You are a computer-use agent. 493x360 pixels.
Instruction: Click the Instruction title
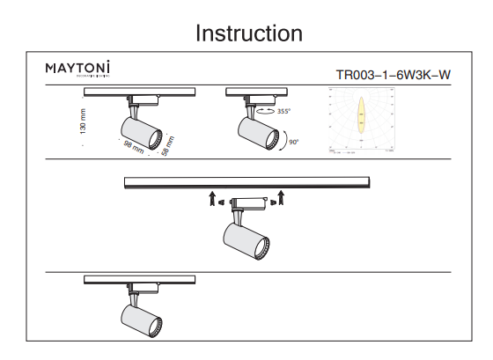pyautogui.click(x=248, y=33)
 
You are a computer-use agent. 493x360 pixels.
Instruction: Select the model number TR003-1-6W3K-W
pyautogui.click(x=393, y=76)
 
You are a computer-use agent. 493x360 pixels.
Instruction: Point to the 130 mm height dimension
pyautogui.click(x=83, y=121)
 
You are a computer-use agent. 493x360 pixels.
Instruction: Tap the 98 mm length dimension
pyautogui.click(x=132, y=147)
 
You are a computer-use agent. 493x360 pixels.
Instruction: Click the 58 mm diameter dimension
pyautogui.click(x=167, y=144)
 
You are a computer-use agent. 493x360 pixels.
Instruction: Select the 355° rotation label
pyautogui.click(x=283, y=112)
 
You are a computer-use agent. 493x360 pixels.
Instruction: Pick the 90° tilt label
pyautogui.click(x=293, y=142)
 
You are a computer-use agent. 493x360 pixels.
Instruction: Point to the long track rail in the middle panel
pyautogui.click(x=246, y=181)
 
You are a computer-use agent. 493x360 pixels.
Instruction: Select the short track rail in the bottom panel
pyautogui.click(x=139, y=278)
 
